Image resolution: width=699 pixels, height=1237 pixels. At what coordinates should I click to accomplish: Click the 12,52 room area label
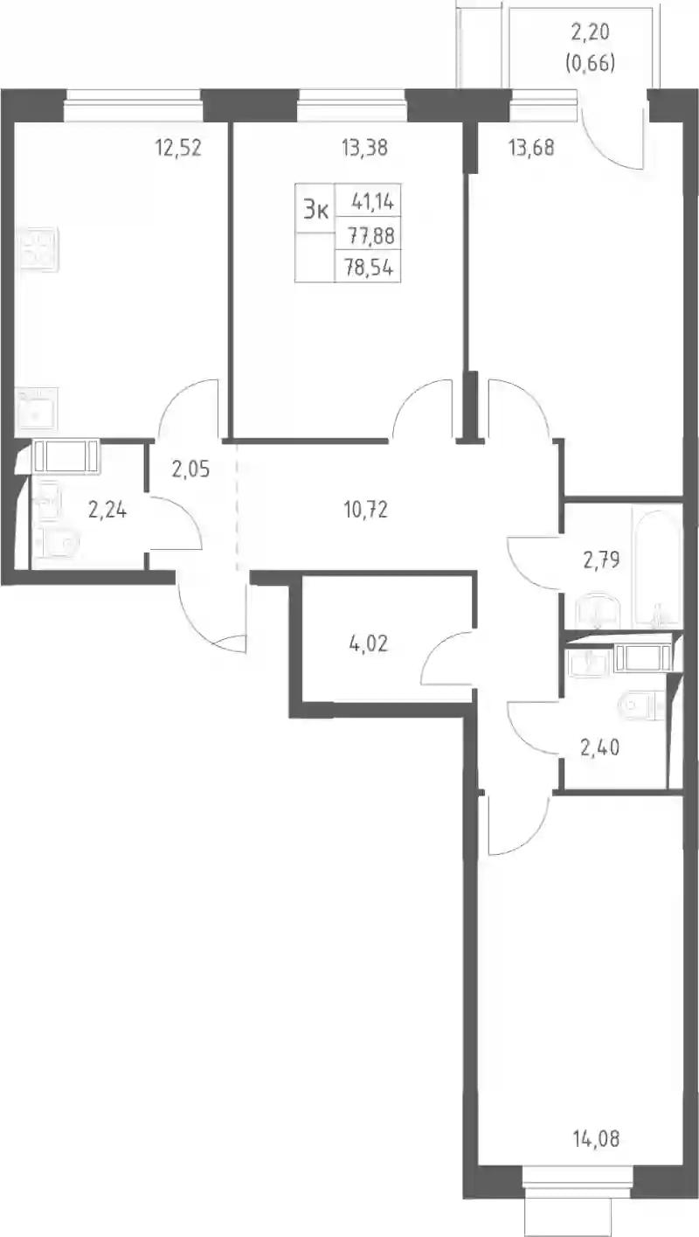coord(178,148)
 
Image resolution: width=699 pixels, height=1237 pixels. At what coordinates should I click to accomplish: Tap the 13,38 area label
coord(364,148)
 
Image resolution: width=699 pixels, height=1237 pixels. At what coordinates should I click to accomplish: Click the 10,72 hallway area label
coord(365,510)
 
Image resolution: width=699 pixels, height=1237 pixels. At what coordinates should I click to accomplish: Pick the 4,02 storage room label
coord(368,643)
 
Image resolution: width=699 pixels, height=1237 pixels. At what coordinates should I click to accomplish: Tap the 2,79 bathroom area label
coord(601,560)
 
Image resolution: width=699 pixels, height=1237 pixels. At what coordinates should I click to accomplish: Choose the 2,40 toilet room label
coord(600,747)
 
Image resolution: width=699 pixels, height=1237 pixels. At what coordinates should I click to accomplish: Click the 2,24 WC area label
coord(107,510)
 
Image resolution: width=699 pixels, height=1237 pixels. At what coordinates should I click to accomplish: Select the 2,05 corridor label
coord(190,469)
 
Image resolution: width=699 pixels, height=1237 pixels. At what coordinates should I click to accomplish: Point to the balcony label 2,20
coord(591,32)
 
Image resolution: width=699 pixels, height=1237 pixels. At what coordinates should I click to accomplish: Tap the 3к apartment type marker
coord(315,210)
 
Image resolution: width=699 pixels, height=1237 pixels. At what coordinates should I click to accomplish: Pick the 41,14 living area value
coord(371,202)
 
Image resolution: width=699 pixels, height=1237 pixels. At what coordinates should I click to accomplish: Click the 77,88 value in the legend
coord(370,236)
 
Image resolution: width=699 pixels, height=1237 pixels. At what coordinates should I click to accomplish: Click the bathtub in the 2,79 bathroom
coord(656,569)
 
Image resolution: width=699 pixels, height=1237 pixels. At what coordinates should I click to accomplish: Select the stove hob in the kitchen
coord(37,249)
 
